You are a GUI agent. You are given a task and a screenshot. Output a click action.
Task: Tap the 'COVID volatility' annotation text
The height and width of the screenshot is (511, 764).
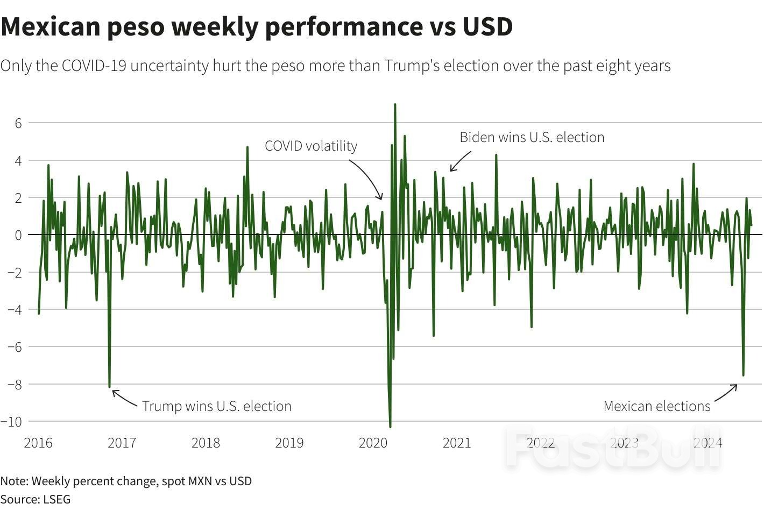pos(311,146)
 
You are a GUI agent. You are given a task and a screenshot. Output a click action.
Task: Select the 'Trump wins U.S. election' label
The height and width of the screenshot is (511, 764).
pos(216,406)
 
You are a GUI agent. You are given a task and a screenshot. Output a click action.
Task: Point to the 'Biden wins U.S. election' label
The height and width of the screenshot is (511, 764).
pos(532,137)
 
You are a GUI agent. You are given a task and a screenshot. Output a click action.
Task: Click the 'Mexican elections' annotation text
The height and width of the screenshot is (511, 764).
pos(656,406)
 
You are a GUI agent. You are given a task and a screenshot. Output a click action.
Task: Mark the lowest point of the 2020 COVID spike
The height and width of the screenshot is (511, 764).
pos(390,427)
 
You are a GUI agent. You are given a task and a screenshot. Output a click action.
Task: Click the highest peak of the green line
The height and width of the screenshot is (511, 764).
pos(395,105)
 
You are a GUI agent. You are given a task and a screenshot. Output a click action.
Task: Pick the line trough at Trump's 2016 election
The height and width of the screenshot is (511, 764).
pos(109,386)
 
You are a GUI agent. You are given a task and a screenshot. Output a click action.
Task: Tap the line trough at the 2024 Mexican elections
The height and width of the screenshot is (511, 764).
pos(743,375)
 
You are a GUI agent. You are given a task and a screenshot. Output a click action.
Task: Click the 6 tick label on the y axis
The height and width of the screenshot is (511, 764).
pos(18,123)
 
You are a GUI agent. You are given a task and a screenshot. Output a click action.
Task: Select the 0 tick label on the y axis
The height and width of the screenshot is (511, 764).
pos(18,235)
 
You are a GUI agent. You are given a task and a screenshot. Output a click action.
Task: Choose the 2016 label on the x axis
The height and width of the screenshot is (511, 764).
pos(38,443)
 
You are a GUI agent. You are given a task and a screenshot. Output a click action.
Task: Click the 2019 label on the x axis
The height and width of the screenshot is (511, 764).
pos(289,443)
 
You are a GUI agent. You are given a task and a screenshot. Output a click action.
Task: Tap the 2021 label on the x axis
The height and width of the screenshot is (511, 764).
pos(456,443)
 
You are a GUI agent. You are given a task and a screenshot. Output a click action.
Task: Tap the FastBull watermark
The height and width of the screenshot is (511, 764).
pos(613,446)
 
